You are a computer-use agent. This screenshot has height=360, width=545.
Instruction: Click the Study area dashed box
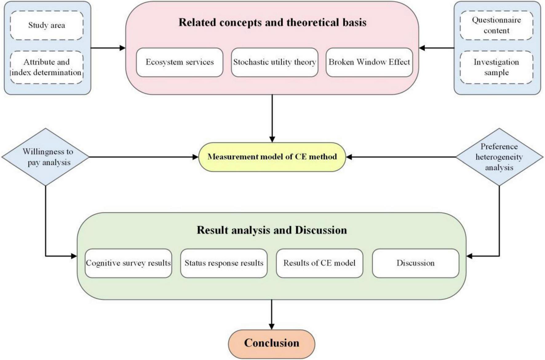(x=47, y=25)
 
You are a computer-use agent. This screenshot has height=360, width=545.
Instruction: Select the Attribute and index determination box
(x=47, y=67)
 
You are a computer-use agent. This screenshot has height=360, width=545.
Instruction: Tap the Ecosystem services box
(x=180, y=62)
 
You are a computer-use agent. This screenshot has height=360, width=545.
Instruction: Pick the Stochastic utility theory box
(x=274, y=62)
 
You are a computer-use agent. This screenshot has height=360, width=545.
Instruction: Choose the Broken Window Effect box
(x=369, y=62)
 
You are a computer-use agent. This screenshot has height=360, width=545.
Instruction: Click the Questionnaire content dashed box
(x=496, y=25)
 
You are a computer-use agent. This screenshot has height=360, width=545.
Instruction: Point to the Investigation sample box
(x=496, y=67)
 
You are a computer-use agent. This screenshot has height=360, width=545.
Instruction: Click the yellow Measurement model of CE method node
(x=272, y=157)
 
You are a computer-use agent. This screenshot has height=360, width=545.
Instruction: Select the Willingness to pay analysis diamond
(x=46, y=157)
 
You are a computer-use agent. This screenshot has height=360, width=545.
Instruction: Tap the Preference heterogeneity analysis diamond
(x=499, y=157)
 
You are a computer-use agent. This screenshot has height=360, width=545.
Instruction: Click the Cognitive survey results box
(x=128, y=263)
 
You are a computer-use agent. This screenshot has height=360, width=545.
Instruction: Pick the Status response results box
(x=224, y=263)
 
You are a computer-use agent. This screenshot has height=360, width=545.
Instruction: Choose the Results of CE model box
(x=320, y=263)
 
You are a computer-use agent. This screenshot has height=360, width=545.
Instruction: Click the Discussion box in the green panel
(x=416, y=263)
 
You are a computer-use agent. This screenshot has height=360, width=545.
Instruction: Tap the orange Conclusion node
(x=272, y=343)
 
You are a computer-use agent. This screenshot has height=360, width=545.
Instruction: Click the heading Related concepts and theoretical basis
(x=272, y=22)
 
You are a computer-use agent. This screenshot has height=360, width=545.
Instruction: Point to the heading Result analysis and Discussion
(x=272, y=230)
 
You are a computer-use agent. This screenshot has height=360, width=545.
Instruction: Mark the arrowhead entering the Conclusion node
(x=272, y=326)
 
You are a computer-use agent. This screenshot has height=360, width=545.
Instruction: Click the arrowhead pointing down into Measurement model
(x=272, y=139)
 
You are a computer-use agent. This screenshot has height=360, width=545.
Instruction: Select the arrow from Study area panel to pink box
(x=108, y=48)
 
